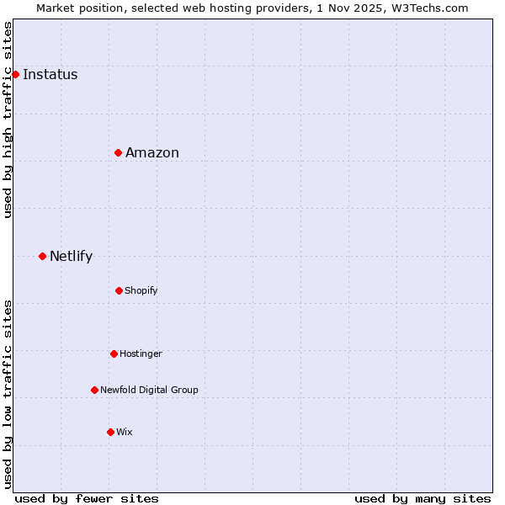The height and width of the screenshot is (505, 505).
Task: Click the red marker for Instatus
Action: tap(15, 74)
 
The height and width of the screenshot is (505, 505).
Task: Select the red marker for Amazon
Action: tap(119, 152)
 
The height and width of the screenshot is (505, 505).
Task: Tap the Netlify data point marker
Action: tap(42, 256)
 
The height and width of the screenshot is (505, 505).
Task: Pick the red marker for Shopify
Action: tap(119, 290)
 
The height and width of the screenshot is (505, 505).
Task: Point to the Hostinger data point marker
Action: tap(114, 353)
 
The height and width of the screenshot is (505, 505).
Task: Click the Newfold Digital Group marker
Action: tap(94, 390)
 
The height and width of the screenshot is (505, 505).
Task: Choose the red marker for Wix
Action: tap(110, 432)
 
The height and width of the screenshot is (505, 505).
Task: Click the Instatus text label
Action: tap(50, 74)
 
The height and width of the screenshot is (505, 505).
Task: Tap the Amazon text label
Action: tap(151, 152)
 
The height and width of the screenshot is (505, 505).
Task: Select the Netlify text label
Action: tap(71, 256)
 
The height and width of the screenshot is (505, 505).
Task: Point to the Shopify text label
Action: tap(141, 290)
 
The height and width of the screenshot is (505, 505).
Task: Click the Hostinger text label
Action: tap(141, 353)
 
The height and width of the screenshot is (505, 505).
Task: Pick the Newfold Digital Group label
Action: tap(149, 390)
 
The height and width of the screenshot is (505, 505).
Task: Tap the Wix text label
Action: tap(124, 432)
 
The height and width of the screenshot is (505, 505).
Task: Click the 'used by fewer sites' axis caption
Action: tap(87, 498)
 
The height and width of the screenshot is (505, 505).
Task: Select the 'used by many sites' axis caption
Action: tap(423, 498)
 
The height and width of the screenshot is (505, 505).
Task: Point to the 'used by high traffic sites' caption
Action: tap(8, 120)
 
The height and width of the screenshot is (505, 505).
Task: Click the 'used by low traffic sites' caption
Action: tap(8, 394)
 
